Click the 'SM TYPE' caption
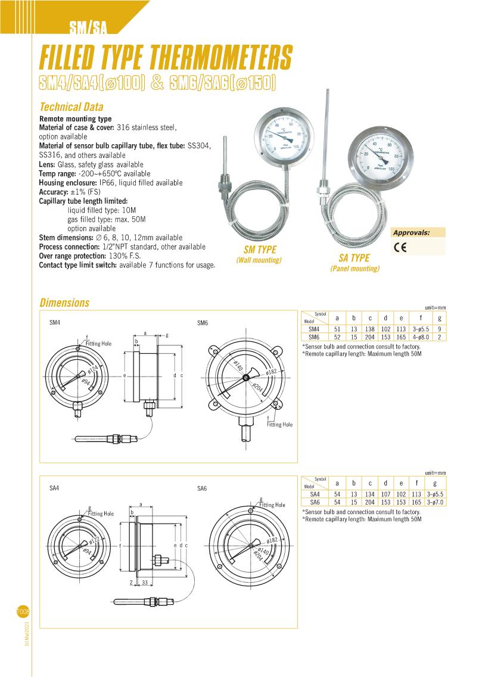259,250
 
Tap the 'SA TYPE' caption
354,258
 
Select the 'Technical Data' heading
71,107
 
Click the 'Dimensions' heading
64,303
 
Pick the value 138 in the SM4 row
369,329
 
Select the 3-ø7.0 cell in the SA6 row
436,502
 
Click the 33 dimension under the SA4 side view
145,581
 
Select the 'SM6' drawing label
203,323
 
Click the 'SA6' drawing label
202,489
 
